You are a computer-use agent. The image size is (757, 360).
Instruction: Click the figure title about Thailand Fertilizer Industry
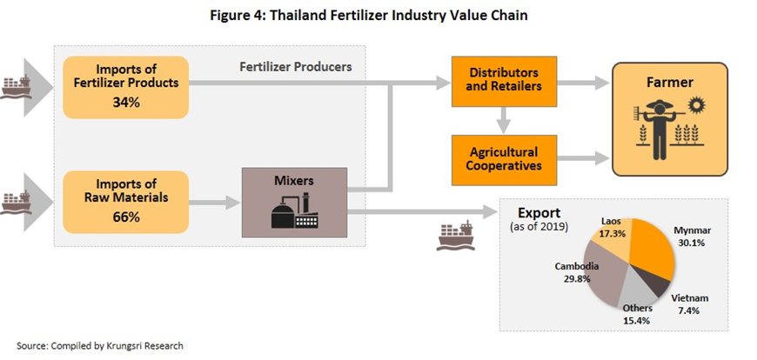point(379,15)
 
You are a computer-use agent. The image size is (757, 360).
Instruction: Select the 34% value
point(125,103)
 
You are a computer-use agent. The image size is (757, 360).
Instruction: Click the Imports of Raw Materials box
point(125,201)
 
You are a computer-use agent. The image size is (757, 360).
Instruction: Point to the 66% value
point(125,217)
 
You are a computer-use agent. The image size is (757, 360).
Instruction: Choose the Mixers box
point(293,202)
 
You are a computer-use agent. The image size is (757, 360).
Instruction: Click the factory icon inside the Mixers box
point(293,213)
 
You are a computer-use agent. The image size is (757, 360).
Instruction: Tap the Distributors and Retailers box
point(494,81)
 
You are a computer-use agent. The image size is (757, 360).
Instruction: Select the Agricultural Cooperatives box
point(494,158)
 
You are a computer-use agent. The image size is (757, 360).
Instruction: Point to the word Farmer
point(669,84)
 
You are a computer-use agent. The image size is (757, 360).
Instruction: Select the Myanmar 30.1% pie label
point(693,237)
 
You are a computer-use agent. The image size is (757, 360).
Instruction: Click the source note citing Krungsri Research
point(100,345)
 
